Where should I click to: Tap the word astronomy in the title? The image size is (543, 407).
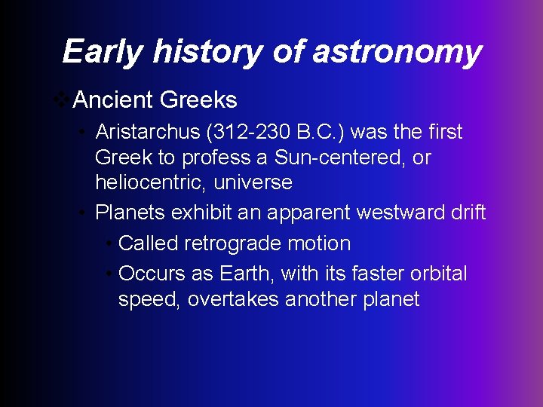click(397, 52)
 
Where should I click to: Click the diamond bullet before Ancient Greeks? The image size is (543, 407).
click(64, 99)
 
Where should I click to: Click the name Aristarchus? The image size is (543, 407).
click(147, 132)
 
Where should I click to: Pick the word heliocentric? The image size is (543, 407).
click(149, 183)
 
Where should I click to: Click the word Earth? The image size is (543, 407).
click(248, 273)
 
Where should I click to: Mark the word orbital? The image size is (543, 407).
click(438, 273)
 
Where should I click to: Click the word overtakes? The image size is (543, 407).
click(233, 299)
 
